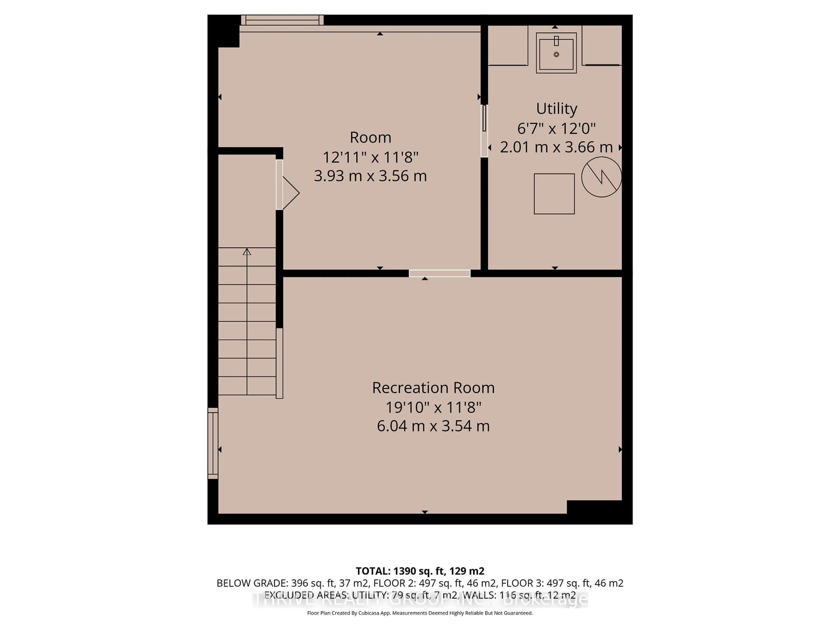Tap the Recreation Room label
[x=433, y=388]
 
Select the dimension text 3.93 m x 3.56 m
[x=370, y=176]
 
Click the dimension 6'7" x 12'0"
[x=556, y=128]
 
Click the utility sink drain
[x=556, y=54]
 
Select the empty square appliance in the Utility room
[x=554, y=194]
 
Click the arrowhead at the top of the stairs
[x=247, y=251]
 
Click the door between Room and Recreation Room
[x=439, y=273]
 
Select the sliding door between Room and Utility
[x=484, y=131]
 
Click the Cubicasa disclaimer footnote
[x=420, y=613]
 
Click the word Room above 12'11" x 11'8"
[x=370, y=137]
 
